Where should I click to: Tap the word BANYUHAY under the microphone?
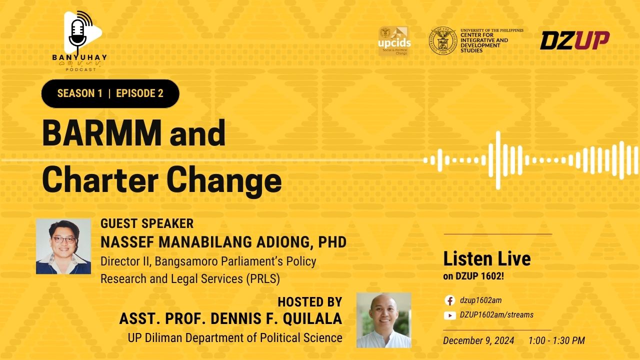pyautogui.click(x=79, y=57)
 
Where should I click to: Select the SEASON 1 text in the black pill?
pyautogui.click(x=79, y=93)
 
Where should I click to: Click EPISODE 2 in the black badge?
pyautogui.click(x=139, y=93)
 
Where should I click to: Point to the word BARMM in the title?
pyautogui.click(x=102, y=133)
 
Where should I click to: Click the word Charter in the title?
pyautogui.click(x=100, y=180)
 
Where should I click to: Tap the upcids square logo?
pyautogui.click(x=394, y=41)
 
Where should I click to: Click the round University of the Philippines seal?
pyautogui.click(x=443, y=40)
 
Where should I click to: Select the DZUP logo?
pyautogui.click(x=575, y=40)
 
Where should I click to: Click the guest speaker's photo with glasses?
pyautogui.click(x=63, y=246)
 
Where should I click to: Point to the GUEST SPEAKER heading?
pyautogui.click(x=147, y=223)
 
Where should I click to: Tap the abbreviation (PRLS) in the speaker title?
pyautogui.click(x=263, y=279)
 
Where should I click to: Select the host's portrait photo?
pyautogui.click(x=384, y=320)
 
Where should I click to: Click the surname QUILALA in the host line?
pyautogui.click(x=312, y=319)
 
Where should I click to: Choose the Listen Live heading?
pyautogui.click(x=487, y=259)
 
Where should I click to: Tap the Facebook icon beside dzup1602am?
pyautogui.click(x=449, y=300)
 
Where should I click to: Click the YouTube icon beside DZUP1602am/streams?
pyautogui.click(x=449, y=315)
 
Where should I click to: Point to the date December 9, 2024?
pyautogui.click(x=478, y=340)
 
